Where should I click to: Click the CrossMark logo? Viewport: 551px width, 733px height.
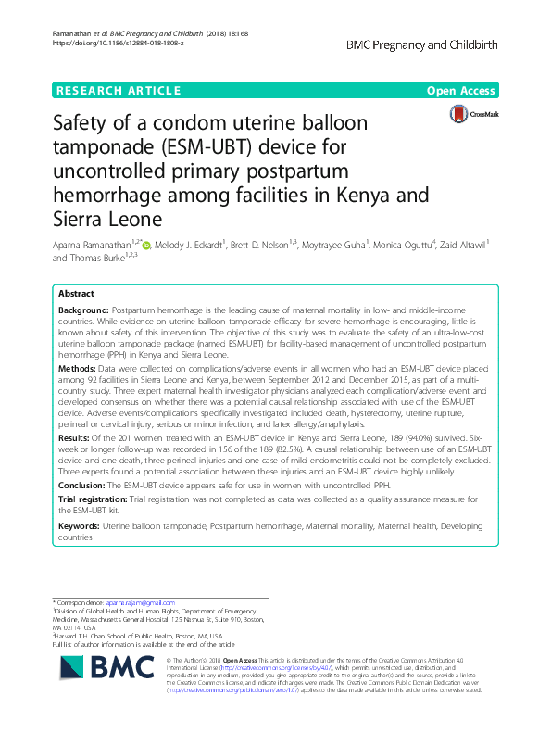pos(472,114)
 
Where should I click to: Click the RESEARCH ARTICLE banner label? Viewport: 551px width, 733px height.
pos(118,91)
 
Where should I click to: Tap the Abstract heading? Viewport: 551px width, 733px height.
pos(77,293)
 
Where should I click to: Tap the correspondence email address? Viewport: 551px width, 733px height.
pos(140,602)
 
